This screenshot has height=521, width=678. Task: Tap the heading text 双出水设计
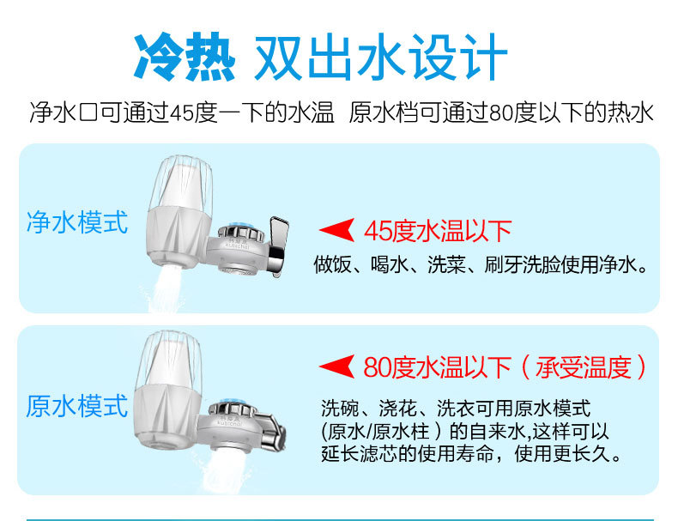click(x=381, y=57)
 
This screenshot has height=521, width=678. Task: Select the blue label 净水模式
click(x=77, y=222)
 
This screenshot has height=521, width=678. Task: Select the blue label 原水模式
click(x=77, y=406)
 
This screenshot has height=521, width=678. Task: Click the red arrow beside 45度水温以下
click(x=336, y=230)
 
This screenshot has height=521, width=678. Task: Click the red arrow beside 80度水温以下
click(x=336, y=367)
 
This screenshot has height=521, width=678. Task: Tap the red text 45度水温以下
click(x=438, y=230)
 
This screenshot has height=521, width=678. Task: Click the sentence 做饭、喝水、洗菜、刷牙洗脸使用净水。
click(x=481, y=264)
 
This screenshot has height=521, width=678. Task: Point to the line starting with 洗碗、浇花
click(x=456, y=408)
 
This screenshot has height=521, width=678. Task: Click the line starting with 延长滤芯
click(x=471, y=453)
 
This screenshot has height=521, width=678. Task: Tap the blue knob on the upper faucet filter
click(x=240, y=227)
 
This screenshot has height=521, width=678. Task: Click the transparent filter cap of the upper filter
click(x=181, y=183)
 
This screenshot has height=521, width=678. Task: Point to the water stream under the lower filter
click(x=223, y=471)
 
